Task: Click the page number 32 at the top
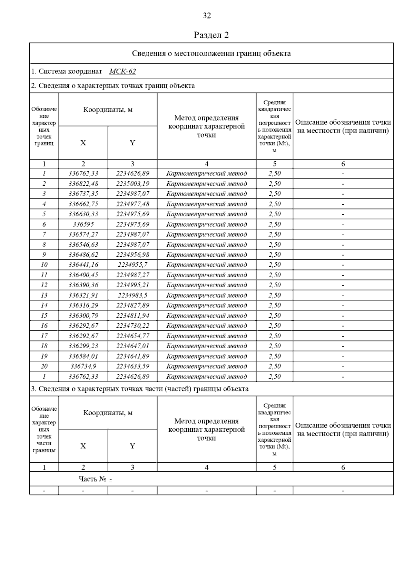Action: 207,16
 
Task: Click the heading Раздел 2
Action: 211,35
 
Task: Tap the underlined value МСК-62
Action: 122,71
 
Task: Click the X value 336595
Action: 83,224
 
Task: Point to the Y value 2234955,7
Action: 132,265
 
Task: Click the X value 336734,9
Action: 83,366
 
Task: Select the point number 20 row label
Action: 44,366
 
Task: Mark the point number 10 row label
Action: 44,265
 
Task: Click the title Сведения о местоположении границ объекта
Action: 211,53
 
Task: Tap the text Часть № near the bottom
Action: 92,479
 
